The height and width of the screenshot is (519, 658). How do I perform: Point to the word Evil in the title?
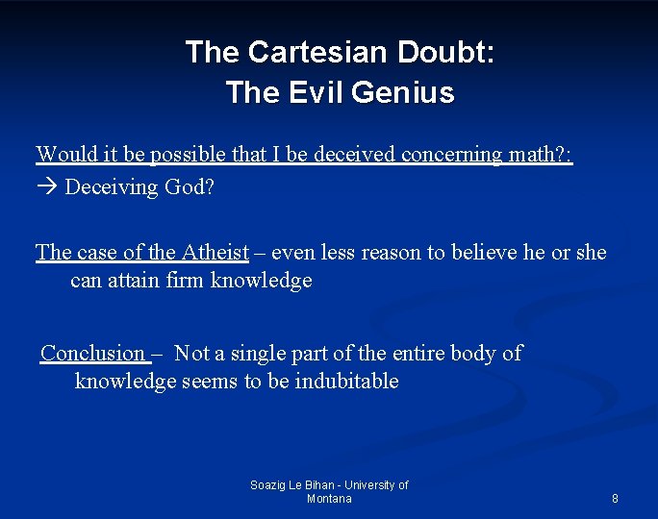point(313,93)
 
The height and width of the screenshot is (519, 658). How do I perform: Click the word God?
point(190,186)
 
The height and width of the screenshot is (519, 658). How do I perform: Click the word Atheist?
point(214,252)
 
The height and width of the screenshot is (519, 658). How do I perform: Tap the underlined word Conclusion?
point(92,353)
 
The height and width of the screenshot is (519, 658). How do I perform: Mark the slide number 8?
point(615,499)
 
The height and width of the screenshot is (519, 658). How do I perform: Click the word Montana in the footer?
point(329,499)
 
